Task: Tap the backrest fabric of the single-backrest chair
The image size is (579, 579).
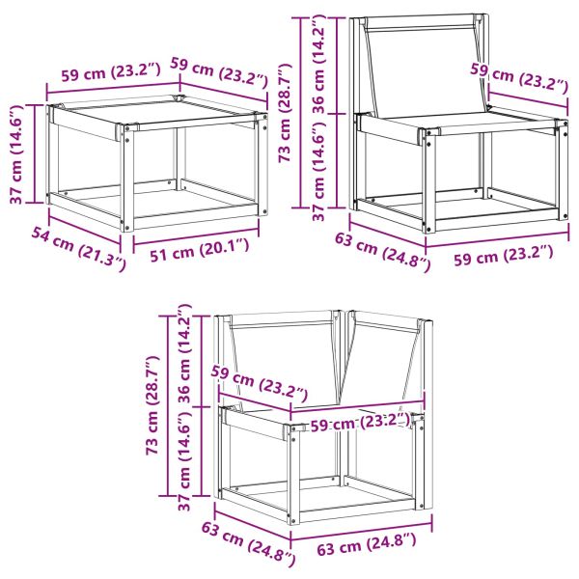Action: click(x=427, y=68)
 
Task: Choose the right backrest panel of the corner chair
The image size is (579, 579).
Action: click(x=386, y=362)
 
